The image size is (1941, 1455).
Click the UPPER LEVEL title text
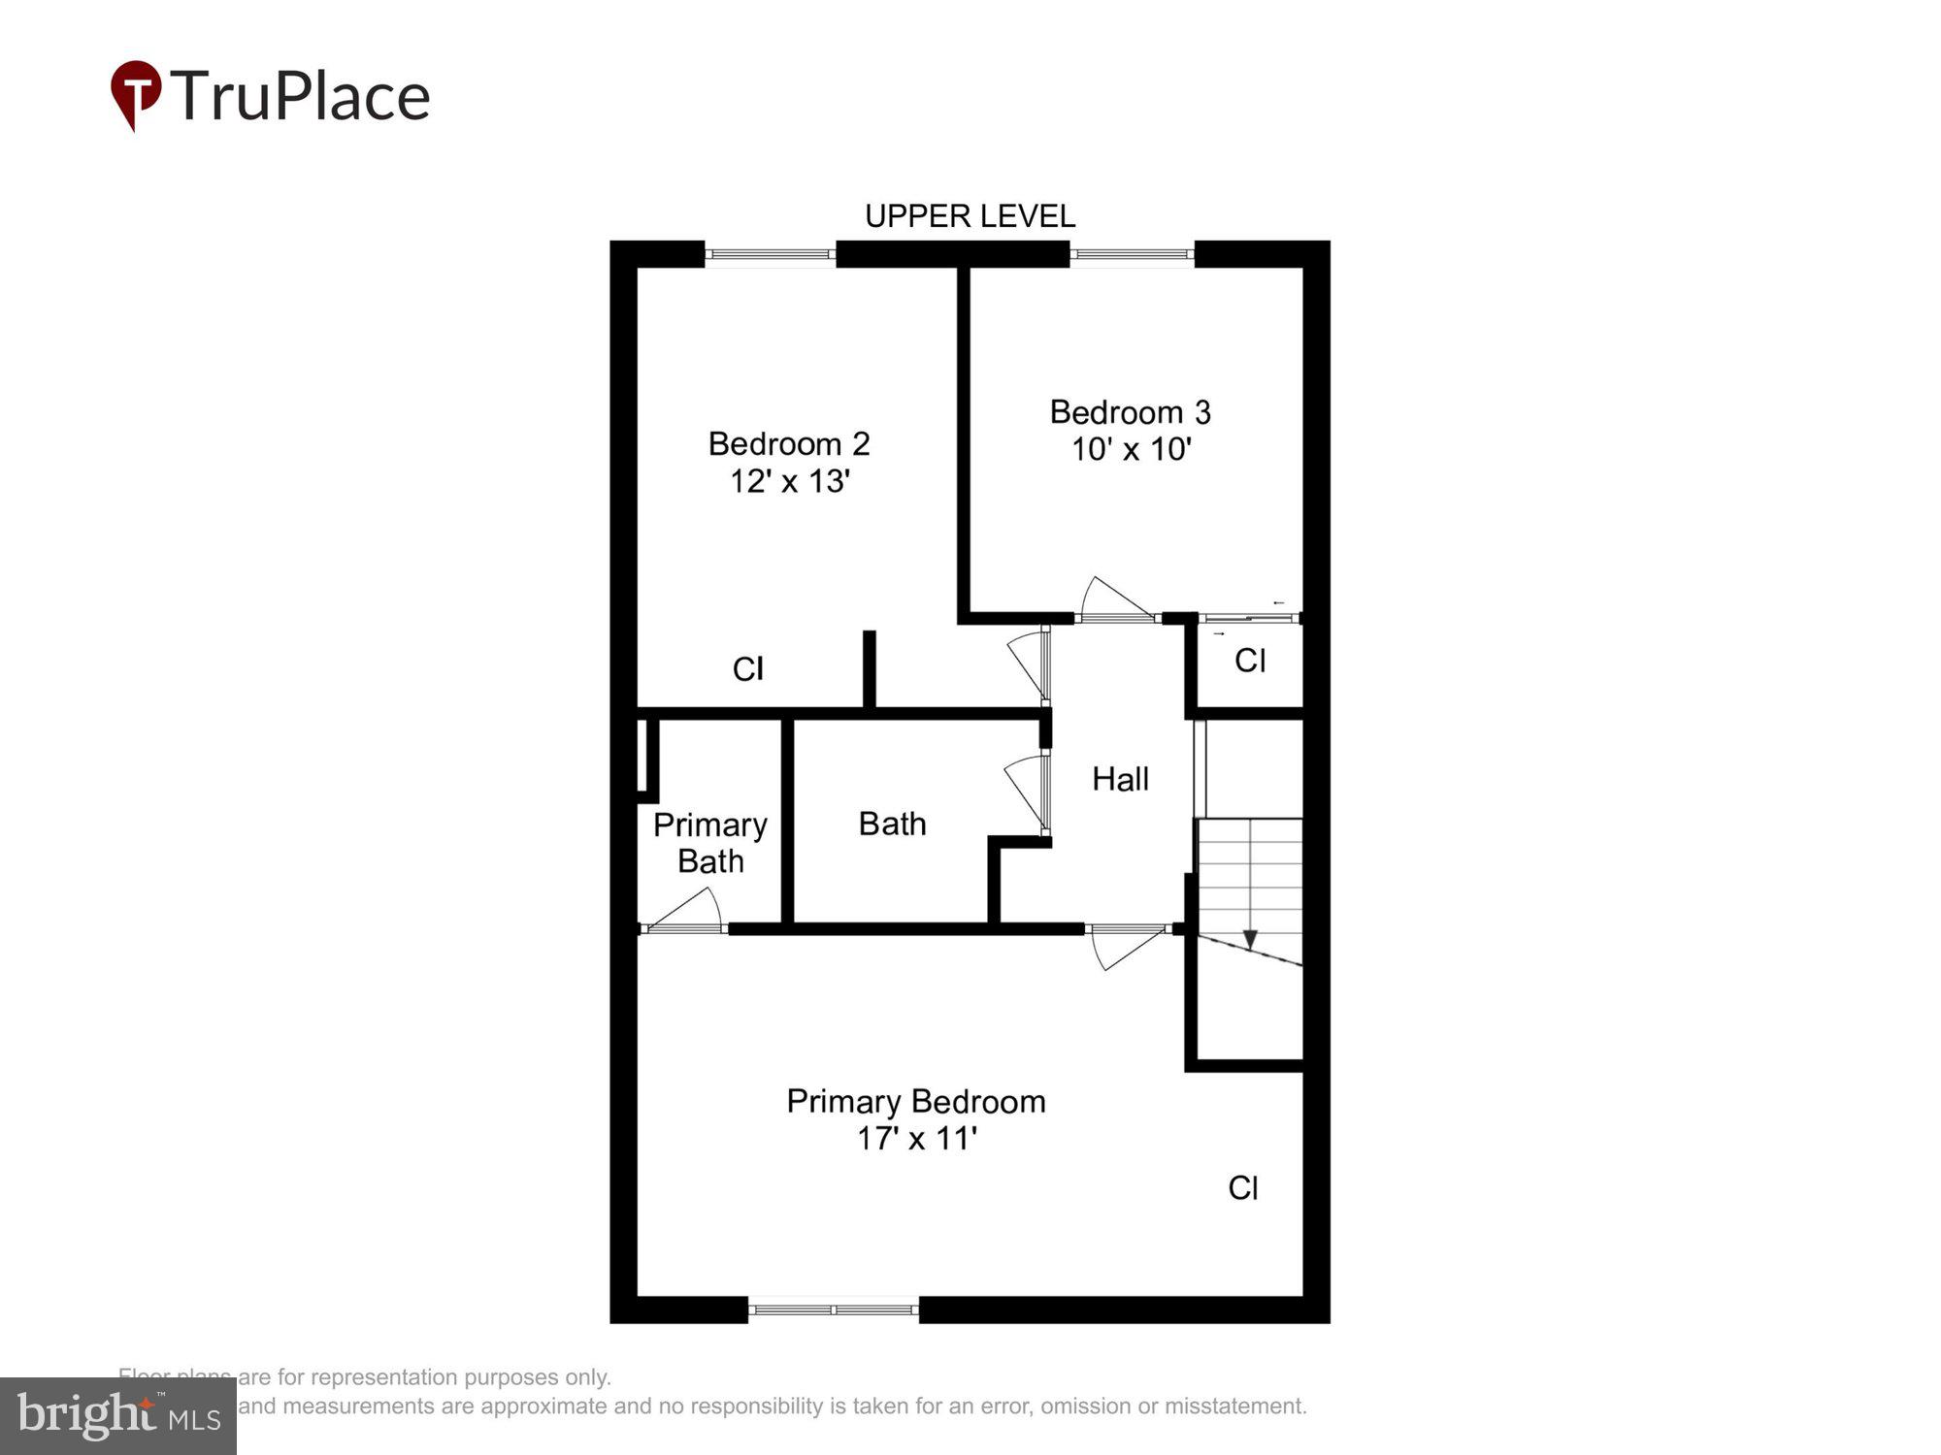pos(970,215)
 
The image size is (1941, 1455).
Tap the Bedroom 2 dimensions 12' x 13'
pos(790,481)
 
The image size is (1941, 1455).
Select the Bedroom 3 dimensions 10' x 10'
pos(1131,449)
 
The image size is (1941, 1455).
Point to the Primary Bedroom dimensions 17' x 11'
pos(916,1138)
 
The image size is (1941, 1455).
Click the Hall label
pos(1120,779)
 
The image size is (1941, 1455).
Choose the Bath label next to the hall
pos(892,824)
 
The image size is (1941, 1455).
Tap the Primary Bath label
pos(710,842)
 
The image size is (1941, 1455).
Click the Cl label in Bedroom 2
pos(747,668)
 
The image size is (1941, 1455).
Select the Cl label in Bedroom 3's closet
pos(1249,661)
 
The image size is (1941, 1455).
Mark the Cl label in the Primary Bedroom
pos(1242,1187)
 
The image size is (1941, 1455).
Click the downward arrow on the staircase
pos(1250,938)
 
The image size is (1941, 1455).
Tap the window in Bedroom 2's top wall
pos(770,254)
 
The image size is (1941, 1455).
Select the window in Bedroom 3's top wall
pos(1132,254)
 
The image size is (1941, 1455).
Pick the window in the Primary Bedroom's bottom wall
pos(834,1309)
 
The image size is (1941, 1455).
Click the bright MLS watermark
pos(118,1416)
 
